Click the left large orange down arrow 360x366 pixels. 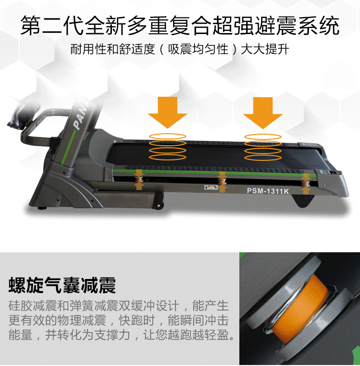click(x=167, y=112)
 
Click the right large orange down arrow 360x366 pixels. click(x=263, y=113)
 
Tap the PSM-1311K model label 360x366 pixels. click(x=268, y=191)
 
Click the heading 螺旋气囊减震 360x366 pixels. click(x=62, y=285)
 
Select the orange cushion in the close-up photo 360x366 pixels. click(x=299, y=308)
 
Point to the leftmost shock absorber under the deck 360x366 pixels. click(x=139, y=179)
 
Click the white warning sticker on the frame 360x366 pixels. click(x=211, y=187)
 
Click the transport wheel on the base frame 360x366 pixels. click(x=159, y=206)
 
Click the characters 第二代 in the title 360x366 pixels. click(x=52, y=25)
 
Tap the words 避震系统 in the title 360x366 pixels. click(x=297, y=25)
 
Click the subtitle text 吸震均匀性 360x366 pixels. click(x=198, y=49)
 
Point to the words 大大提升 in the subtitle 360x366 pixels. click(x=265, y=49)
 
